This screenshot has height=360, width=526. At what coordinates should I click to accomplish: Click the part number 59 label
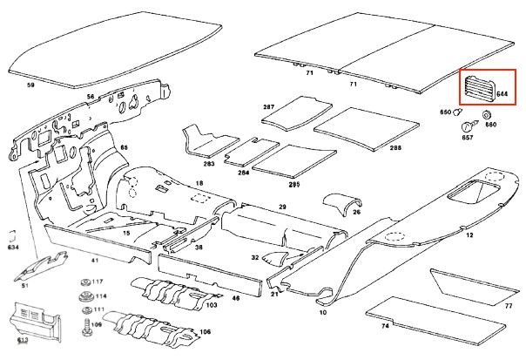click(30, 85)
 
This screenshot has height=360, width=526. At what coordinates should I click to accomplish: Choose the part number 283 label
click(209, 163)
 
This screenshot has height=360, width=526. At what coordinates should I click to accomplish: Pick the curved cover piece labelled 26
click(341, 203)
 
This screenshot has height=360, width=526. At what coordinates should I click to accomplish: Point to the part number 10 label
click(322, 312)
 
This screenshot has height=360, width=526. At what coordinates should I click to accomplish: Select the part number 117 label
click(98, 282)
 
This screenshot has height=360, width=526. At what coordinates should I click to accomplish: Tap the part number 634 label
click(13, 248)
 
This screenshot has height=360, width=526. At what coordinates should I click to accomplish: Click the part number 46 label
click(234, 298)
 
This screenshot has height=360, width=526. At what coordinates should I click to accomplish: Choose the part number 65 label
click(124, 148)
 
